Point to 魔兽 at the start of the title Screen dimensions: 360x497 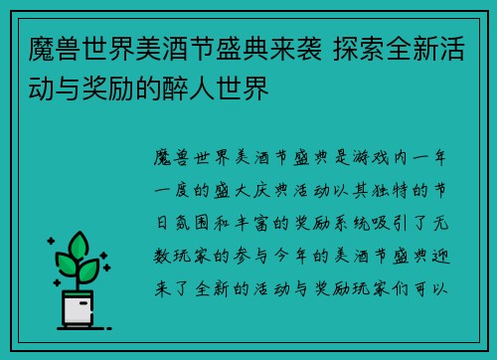41,46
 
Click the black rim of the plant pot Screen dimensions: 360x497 81,292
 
